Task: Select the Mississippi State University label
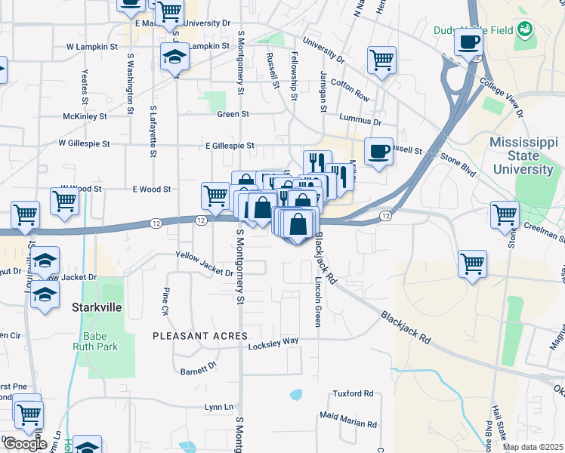[522, 156]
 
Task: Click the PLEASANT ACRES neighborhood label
[200, 335]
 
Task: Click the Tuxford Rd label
[354, 393]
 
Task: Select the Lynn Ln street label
[218, 407]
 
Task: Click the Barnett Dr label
[199, 370]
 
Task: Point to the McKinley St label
[85, 116]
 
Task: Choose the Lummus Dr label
[361, 119]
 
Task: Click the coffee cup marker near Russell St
[378, 151]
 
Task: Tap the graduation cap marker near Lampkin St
[175, 57]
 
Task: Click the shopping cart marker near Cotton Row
[381, 60]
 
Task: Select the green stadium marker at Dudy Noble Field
[524, 30]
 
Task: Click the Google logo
[25, 443]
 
